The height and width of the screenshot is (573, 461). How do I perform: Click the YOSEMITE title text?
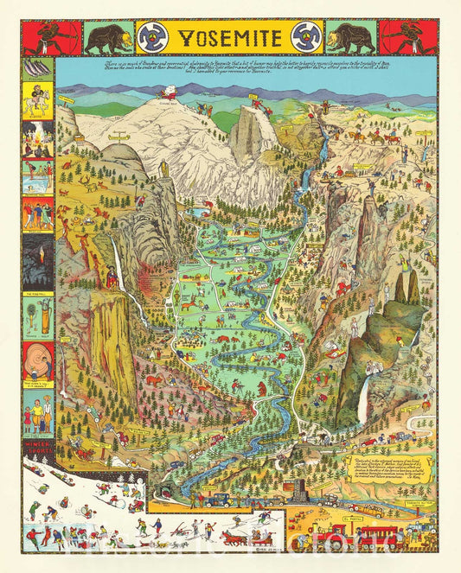(x=230, y=37)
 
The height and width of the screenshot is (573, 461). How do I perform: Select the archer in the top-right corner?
(x=409, y=37)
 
